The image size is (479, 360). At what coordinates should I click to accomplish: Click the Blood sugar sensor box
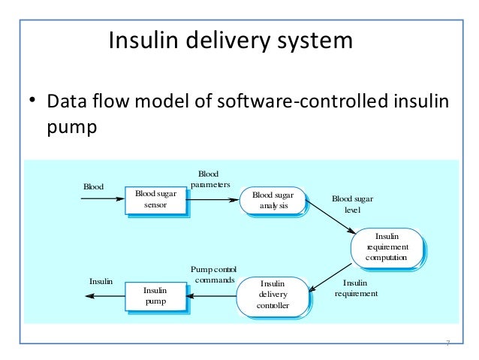click(155, 200)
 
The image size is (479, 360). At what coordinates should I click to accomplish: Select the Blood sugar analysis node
click(273, 200)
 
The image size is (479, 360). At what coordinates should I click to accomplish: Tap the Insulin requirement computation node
click(387, 247)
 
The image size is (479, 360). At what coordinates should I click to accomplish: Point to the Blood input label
click(94, 186)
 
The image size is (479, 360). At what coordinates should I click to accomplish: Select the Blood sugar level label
click(352, 204)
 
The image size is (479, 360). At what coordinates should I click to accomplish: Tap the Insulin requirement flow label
click(356, 289)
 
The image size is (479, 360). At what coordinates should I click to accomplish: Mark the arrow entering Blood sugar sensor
click(102, 199)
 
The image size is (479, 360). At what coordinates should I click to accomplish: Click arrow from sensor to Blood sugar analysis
click(214, 200)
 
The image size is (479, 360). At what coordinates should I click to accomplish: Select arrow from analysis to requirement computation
click(330, 219)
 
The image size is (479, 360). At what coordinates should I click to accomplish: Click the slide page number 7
click(447, 343)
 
